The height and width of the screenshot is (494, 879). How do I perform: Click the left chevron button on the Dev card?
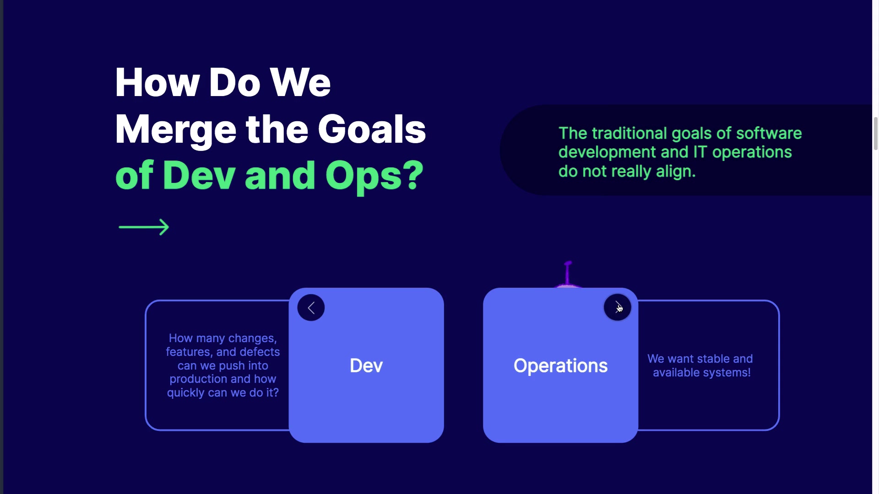pyautogui.click(x=311, y=307)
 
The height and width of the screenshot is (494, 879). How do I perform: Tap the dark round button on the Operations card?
pyautogui.click(x=617, y=307)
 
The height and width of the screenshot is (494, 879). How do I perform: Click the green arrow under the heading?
pyautogui.click(x=144, y=227)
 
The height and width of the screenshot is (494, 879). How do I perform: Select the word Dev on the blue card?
pyautogui.click(x=366, y=365)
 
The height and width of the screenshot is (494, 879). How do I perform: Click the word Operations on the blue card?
pyautogui.click(x=560, y=365)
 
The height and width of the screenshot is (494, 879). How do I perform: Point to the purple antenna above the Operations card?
pyautogui.click(x=568, y=274)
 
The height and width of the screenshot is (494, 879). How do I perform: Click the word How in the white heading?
pyautogui.click(x=157, y=83)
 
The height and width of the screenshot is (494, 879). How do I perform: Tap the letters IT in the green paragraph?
pyautogui.click(x=700, y=152)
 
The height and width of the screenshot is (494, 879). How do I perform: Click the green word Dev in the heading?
pyautogui.click(x=199, y=176)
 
